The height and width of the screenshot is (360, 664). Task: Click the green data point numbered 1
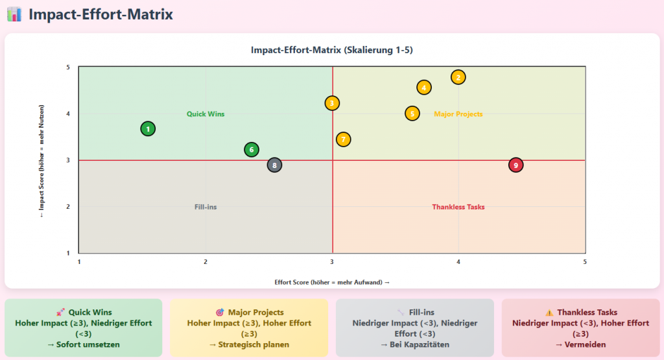[x=148, y=129]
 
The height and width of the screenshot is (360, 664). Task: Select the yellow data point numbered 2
[x=458, y=77]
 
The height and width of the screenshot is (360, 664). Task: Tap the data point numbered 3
[x=332, y=103]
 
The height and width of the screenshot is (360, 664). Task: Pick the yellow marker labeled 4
[x=424, y=88]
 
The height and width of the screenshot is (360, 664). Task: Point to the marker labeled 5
[x=412, y=114]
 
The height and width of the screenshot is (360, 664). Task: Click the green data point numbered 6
[x=252, y=150]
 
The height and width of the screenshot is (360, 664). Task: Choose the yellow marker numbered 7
[x=344, y=139]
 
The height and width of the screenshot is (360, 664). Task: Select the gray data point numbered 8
[x=275, y=165]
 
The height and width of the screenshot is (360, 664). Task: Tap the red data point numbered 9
[x=516, y=165]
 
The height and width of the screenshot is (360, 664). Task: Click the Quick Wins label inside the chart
[x=206, y=114]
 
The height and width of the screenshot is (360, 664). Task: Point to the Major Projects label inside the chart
[x=458, y=114]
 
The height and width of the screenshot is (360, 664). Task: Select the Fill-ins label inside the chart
[x=206, y=207]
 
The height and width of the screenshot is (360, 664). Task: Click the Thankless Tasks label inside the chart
[x=458, y=207]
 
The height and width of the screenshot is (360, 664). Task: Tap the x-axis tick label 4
[x=458, y=262]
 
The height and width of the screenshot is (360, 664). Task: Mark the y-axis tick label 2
[x=68, y=207]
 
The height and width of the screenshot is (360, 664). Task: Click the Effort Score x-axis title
[x=332, y=282]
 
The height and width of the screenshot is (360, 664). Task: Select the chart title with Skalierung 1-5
[x=332, y=50]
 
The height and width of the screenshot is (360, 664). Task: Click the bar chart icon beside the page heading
[x=14, y=14]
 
